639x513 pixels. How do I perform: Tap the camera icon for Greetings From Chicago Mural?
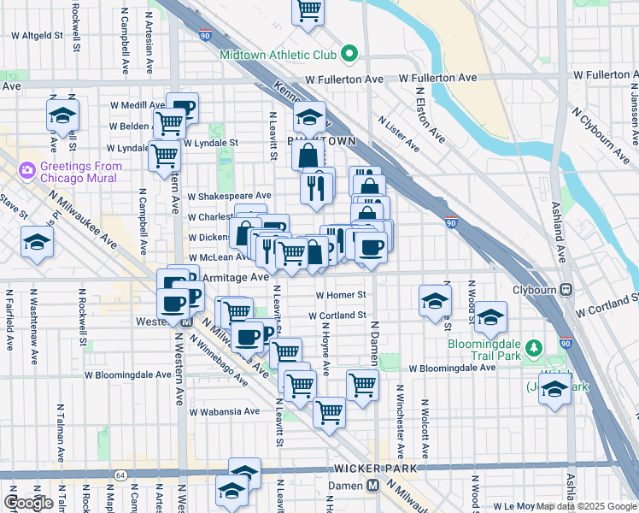[x=26, y=169]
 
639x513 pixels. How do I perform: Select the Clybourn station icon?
[x=566, y=289]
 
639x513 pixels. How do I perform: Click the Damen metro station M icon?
[x=372, y=486]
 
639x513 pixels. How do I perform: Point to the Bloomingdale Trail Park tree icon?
[x=535, y=347]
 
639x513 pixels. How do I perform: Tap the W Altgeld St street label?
[x=37, y=36]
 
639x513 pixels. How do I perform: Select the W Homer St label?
[x=340, y=295]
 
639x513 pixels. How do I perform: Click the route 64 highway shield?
[x=121, y=475]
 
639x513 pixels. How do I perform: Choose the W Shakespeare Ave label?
[x=229, y=196]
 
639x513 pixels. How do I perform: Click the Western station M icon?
[x=185, y=322]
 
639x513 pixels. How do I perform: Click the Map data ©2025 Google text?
[x=585, y=505]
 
